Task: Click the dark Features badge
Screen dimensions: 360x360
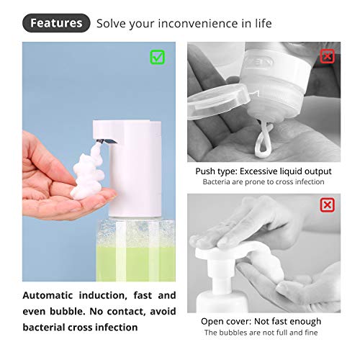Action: pos(56,22)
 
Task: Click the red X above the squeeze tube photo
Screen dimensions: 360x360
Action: pos(327,55)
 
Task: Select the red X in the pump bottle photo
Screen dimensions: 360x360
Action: pos(327,206)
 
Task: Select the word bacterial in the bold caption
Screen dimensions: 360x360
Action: pos(48,327)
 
